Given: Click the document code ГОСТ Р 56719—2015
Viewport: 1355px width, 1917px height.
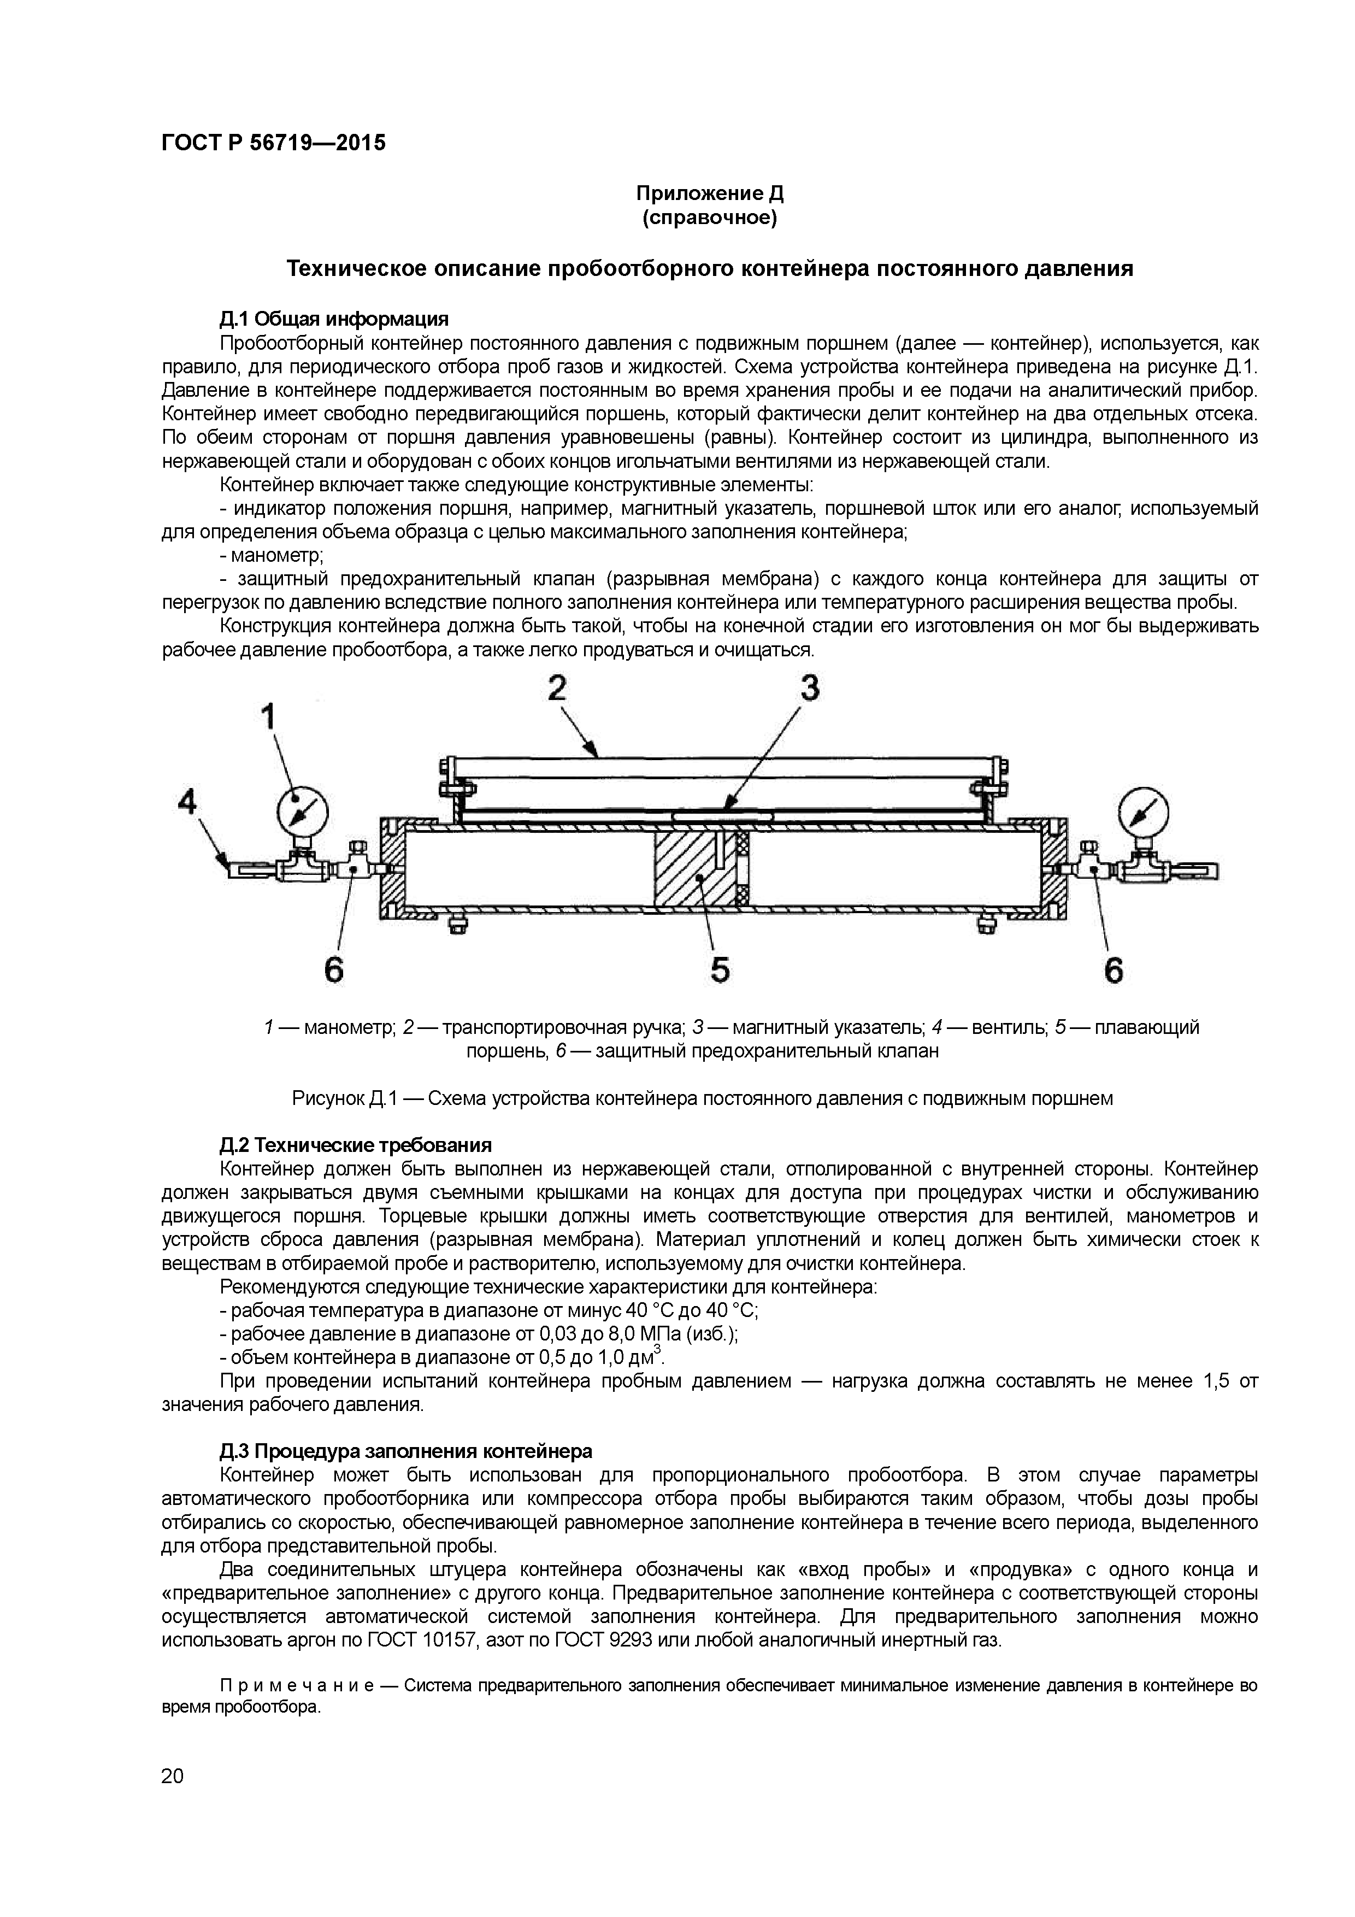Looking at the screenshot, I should tap(273, 143).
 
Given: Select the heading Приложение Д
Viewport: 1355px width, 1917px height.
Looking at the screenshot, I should tap(710, 195).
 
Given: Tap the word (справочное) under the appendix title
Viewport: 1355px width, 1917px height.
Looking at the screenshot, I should tap(710, 219).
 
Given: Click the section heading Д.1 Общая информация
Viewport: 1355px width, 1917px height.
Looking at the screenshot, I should tap(334, 319).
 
